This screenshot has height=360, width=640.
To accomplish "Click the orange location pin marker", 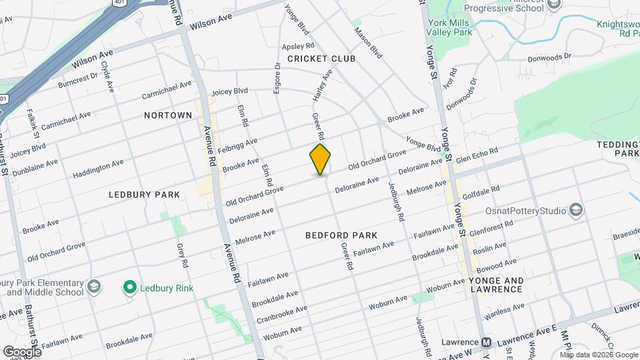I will point(320,159).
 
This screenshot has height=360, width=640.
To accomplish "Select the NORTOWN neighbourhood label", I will point(168,115).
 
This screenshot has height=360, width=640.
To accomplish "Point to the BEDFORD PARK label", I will point(341,235).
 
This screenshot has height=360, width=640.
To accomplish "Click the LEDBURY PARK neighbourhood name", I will point(145,195).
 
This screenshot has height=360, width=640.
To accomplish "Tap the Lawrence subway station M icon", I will point(487,343).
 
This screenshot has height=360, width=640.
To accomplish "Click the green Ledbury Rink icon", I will point(129,288).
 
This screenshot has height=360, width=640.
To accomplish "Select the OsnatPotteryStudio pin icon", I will point(577,211).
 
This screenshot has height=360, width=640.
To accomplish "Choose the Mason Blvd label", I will point(367,42).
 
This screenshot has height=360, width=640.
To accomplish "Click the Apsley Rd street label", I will point(298,46).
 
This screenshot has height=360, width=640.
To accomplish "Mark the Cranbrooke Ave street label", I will point(281,313).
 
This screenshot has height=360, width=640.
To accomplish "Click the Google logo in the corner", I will point(22,351).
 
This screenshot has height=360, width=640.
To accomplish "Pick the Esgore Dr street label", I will point(277,86).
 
